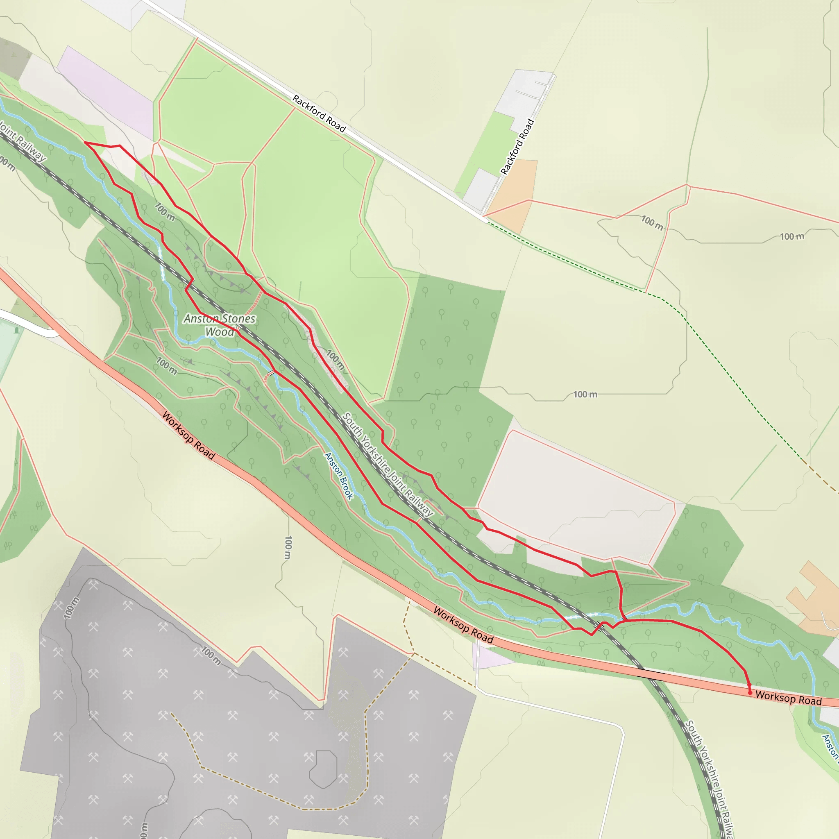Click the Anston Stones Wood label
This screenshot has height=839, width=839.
point(220,325)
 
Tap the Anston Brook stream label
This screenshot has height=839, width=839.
point(339,476)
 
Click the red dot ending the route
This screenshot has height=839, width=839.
point(750,693)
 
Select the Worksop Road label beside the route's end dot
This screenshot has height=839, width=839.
point(788,697)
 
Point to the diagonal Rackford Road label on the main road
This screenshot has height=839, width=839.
point(319,113)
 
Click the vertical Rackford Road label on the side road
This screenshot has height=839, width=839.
point(517,147)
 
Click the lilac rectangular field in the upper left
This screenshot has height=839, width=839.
point(106,92)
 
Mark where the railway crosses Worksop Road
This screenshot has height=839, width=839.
point(650,674)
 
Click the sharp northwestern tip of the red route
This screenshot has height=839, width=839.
point(85,143)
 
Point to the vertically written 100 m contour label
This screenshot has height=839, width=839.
point(288,547)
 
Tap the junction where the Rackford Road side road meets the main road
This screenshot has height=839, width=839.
point(483,216)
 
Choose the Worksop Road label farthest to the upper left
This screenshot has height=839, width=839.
point(188,435)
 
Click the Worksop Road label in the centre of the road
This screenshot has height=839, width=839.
point(463,625)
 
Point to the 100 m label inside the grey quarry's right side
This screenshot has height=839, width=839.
point(211,656)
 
